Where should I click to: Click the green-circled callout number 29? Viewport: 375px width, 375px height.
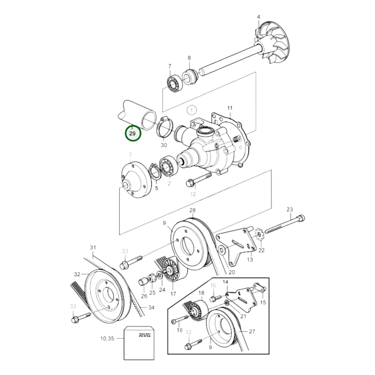pos(133,134)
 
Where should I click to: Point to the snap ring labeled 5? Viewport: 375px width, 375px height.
pos(155,172)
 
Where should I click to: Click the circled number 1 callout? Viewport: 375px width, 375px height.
pos(192,110)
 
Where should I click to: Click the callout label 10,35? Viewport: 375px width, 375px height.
pos(107,338)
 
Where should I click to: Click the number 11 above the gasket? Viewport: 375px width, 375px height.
pos(230,108)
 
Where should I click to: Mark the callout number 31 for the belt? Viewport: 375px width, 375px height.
pos(93,248)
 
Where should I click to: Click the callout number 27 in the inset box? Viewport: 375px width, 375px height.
pos(252,331)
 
